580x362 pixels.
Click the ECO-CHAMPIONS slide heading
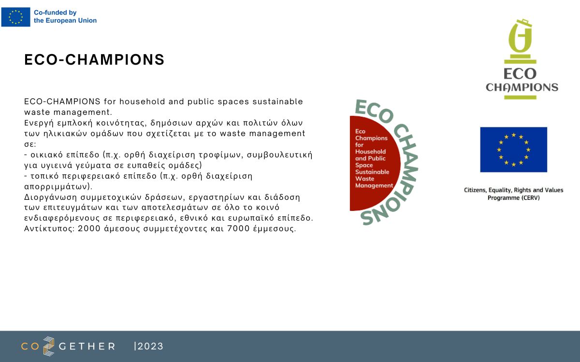(94, 59)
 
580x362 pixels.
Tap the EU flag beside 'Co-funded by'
(16, 17)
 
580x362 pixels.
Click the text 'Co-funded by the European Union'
(65, 16)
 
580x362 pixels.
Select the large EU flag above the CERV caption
(514, 150)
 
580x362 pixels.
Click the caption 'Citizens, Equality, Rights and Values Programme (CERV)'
(514, 194)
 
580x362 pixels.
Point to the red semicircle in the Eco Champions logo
(375, 164)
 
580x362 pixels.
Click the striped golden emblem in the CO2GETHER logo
(49, 346)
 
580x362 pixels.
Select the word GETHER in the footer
(87, 347)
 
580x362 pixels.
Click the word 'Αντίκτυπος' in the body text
(49, 229)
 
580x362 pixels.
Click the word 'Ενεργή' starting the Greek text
(39, 123)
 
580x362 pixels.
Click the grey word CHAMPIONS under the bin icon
(522, 87)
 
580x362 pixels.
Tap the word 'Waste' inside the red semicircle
(364, 179)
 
